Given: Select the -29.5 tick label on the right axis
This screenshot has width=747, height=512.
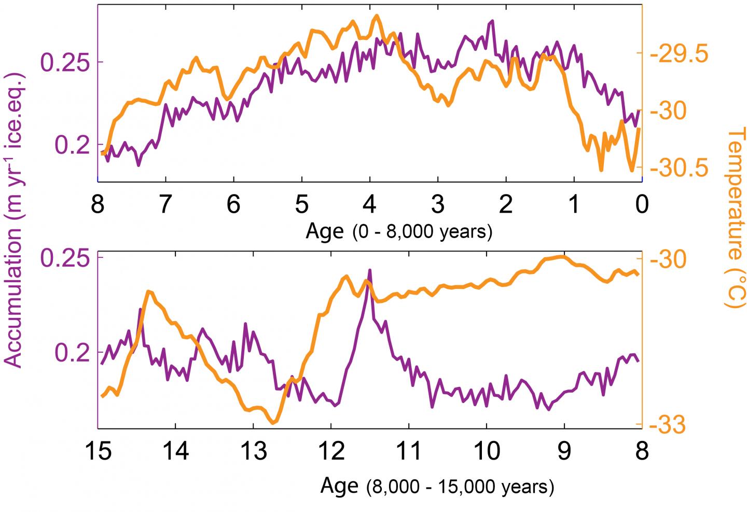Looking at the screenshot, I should coord(680,54).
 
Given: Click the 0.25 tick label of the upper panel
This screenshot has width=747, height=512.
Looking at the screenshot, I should coord(65,62).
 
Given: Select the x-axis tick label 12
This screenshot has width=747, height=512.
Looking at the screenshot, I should coord(331,451).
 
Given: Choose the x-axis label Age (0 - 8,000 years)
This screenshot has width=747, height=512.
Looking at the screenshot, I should coord(398,231).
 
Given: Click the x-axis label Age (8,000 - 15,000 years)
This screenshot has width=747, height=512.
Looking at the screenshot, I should coord(437,486).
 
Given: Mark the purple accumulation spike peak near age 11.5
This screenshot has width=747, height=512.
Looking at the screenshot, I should coord(370,270).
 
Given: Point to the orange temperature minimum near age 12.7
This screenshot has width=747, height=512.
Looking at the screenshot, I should coord(273,423).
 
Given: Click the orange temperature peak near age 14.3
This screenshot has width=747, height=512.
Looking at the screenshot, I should coord(148,292).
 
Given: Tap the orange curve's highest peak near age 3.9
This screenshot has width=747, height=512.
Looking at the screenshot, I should coord(376,16).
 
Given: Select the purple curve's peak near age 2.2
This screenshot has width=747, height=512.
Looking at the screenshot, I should coord(492,21).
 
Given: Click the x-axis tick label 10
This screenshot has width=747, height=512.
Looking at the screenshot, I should coord(487,451).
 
